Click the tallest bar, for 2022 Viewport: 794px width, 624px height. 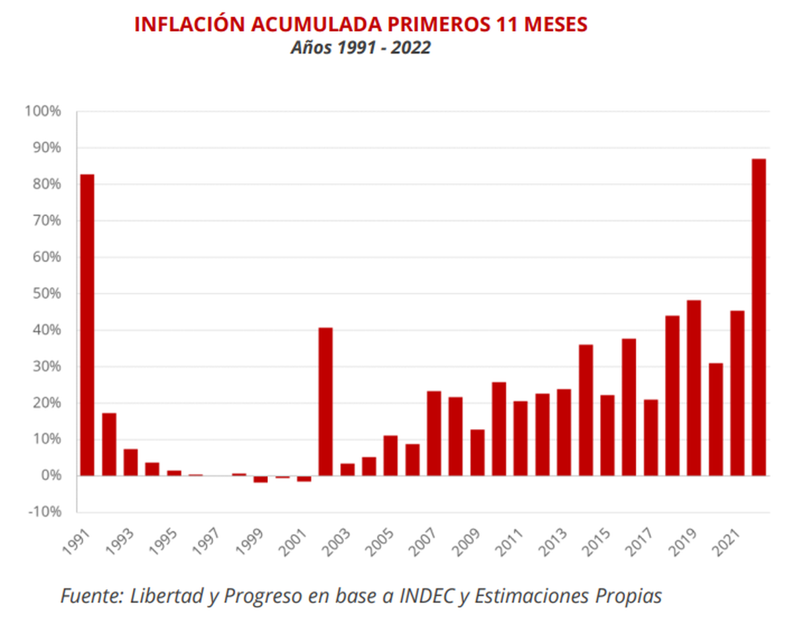(x=759, y=317)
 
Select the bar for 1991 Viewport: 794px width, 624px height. (x=87, y=325)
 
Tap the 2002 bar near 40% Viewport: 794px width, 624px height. (x=326, y=402)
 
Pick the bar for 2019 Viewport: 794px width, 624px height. (x=693, y=388)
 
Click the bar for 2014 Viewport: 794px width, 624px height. (x=586, y=410)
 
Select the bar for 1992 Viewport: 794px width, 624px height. (x=109, y=444)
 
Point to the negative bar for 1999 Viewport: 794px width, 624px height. (x=261, y=479)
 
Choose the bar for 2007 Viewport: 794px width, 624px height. (x=434, y=434)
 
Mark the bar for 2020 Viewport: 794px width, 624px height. (x=716, y=420)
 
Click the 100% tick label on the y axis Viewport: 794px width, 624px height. (x=43, y=111)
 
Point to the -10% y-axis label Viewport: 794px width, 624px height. (x=44, y=512)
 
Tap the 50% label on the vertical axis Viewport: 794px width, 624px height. (x=47, y=293)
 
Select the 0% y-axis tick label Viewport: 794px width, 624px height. (x=51, y=475)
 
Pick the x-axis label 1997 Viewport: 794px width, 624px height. (x=206, y=543)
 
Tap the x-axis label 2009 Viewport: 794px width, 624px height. (x=466, y=543)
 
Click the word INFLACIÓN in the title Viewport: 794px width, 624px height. (x=190, y=24)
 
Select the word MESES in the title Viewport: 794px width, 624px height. (x=556, y=24)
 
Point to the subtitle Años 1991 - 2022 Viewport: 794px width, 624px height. (x=361, y=48)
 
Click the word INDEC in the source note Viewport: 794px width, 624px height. (x=427, y=596)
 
